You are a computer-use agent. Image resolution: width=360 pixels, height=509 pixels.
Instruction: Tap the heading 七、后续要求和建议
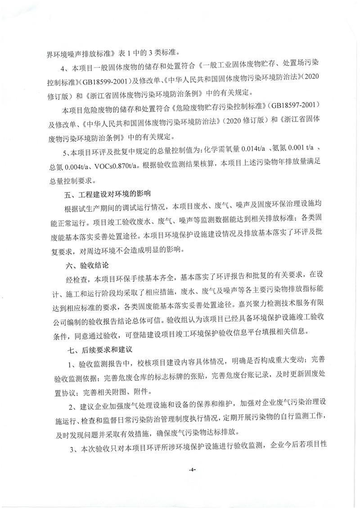click(102, 349)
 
